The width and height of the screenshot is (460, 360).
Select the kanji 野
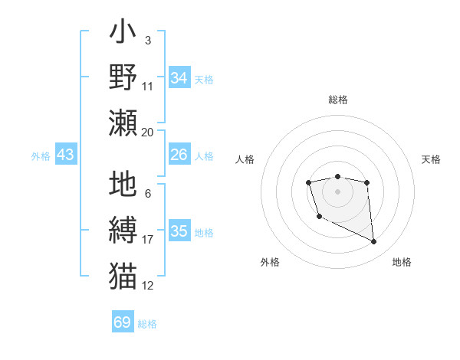click(123, 77)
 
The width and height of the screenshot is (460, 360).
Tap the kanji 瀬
click(123, 123)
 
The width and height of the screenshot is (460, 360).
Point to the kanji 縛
click(123, 231)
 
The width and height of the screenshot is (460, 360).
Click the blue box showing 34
click(179, 77)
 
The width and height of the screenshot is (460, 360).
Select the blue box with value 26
click(179, 155)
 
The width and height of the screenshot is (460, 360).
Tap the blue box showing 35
click(179, 231)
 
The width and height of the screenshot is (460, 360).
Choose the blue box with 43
click(65, 155)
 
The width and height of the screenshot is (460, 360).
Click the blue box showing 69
click(123, 322)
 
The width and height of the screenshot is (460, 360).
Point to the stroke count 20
click(148, 133)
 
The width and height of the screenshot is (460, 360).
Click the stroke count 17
click(148, 240)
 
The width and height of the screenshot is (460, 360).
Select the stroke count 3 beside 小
click(148, 40)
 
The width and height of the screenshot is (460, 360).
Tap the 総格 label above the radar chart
click(338, 100)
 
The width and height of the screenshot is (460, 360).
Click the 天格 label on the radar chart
click(432, 159)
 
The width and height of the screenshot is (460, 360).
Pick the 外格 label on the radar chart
click(270, 262)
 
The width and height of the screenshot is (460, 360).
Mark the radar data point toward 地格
click(374, 242)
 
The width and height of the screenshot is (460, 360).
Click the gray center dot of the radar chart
click(337, 191)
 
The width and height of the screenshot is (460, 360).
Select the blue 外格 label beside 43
click(41, 155)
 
